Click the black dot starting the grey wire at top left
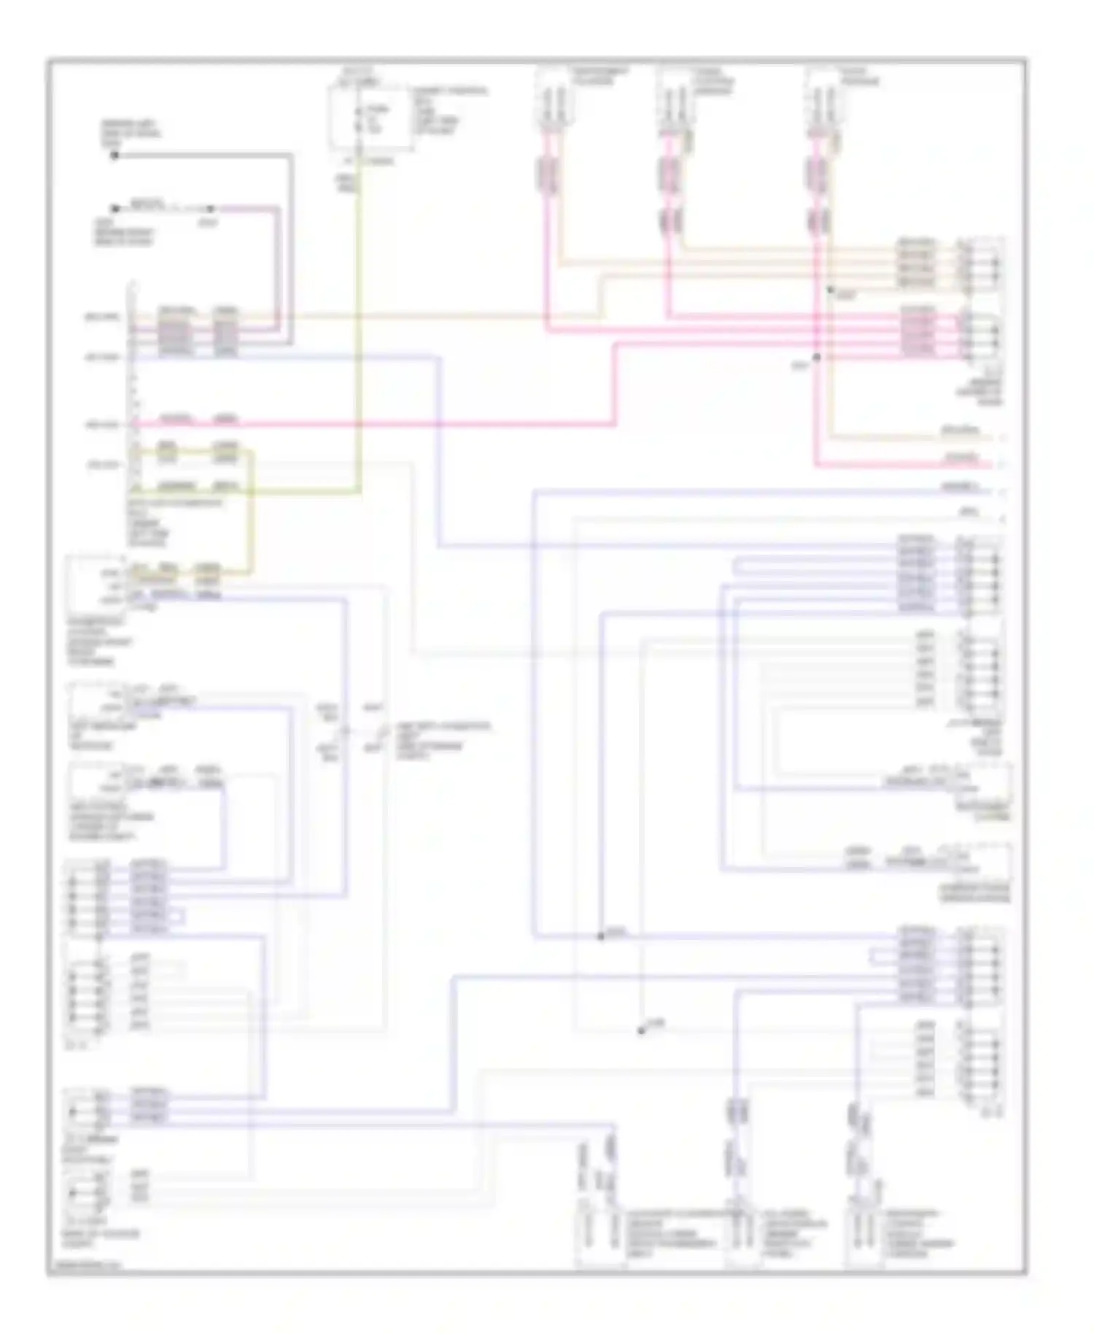115,155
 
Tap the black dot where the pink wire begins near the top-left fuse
115,209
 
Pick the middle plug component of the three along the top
674,102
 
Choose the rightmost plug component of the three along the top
822,102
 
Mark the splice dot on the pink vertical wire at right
817,357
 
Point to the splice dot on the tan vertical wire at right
830,290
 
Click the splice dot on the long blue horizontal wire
601,936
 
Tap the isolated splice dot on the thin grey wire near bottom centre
641,1030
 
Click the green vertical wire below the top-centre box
358,328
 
